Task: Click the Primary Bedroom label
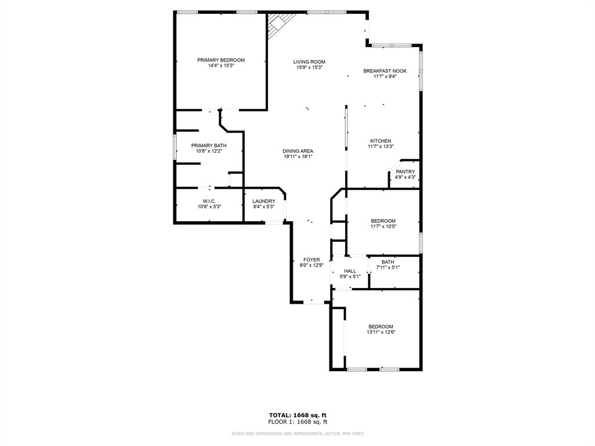[x=221, y=60]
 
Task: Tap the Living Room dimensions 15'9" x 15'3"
[x=309, y=67]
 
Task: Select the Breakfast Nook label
[x=385, y=71]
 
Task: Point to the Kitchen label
[x=381, y=141]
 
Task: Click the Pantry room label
[x=405, y=172]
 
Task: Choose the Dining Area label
[x=298, y=151]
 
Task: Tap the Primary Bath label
[x=209, y=146]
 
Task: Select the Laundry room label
[x=264, y=202]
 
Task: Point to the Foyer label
[x=311, y=260]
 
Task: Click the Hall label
[x=350, y=271]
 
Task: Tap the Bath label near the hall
[x=388, y=262]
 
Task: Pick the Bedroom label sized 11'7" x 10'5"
[x=383, y=221]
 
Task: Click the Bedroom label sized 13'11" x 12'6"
[x=381, y=327]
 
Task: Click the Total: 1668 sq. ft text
[x=297, y=415]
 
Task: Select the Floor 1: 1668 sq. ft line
[x=297, y=422]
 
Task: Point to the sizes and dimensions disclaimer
[x=297, y=434]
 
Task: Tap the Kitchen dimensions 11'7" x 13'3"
[x=381, y=146]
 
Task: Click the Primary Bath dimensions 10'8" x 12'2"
[x=209, y=151]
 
